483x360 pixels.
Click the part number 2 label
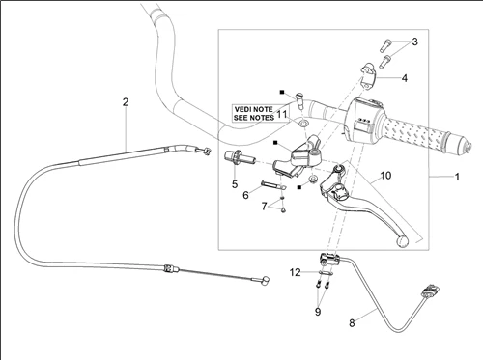126,102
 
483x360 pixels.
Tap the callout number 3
414,42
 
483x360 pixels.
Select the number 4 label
405,78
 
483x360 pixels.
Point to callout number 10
385,176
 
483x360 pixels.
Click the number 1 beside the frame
457,177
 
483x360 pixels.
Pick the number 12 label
295,272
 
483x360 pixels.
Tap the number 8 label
352,322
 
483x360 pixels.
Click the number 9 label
318,311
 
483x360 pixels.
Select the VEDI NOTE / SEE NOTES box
253,113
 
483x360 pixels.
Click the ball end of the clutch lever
402,241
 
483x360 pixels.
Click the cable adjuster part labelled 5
240,157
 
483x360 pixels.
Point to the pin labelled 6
272,184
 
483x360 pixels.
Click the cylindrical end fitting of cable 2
266,281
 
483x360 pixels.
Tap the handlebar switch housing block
363,120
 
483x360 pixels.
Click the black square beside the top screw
282,93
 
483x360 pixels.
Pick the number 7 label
265,206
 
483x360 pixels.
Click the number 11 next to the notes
282,115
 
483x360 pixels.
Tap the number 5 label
235,184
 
